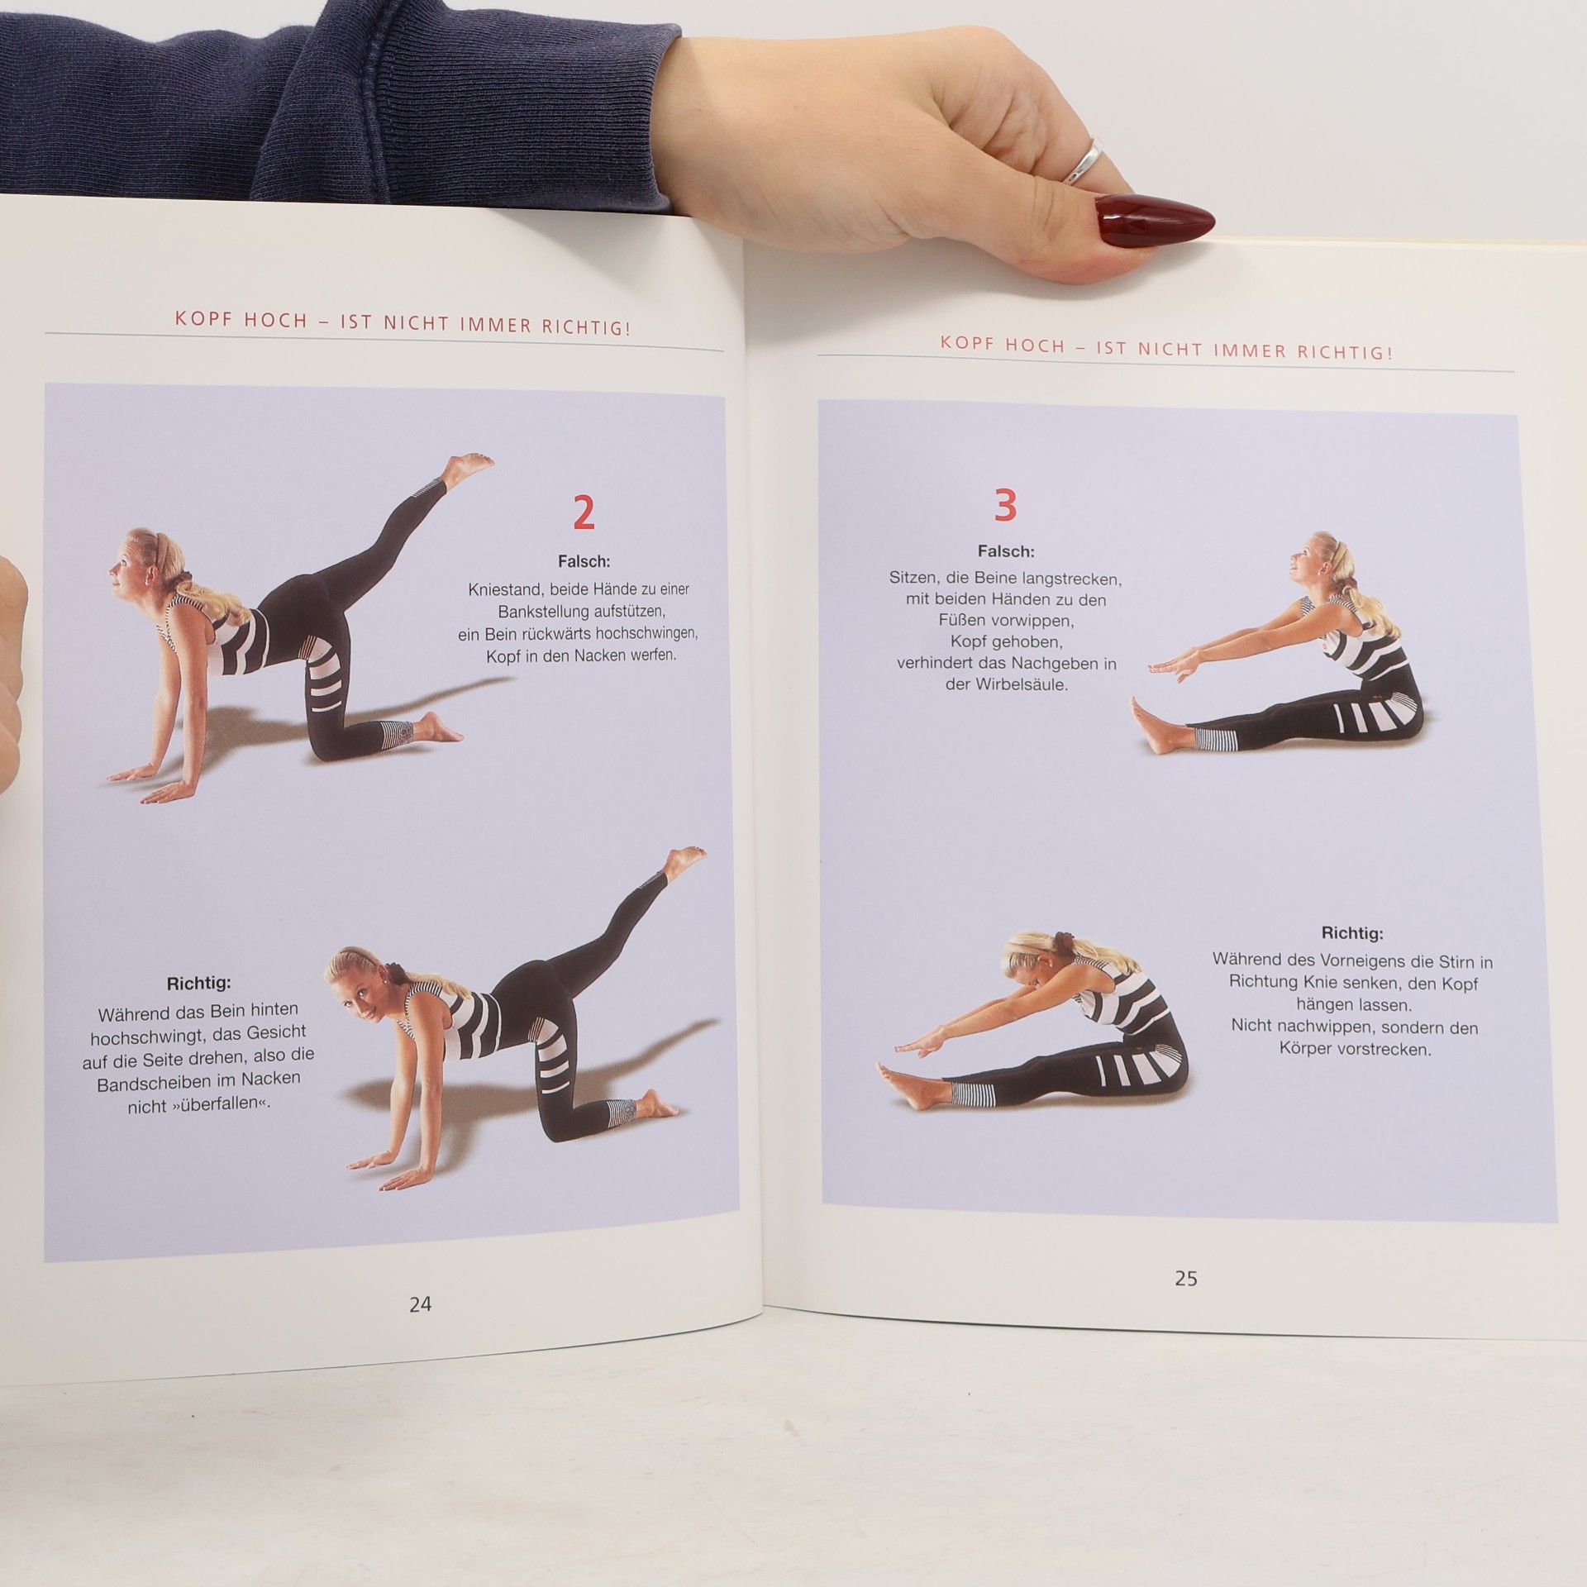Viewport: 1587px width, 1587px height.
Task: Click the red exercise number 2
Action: [584, 513]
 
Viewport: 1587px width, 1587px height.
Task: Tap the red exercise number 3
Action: [1004, 505]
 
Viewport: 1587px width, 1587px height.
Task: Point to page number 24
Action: [420, 1304]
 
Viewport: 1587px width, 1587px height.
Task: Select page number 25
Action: [1186, 1278]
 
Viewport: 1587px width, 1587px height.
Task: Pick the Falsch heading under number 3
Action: [1005, 551]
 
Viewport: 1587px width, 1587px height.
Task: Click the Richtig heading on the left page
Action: [199, 984]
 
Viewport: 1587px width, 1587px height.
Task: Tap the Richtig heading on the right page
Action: [1352, 933]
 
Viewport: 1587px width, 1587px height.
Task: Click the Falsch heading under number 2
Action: [584, 562]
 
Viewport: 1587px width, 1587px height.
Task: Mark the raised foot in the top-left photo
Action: [466, 466]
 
